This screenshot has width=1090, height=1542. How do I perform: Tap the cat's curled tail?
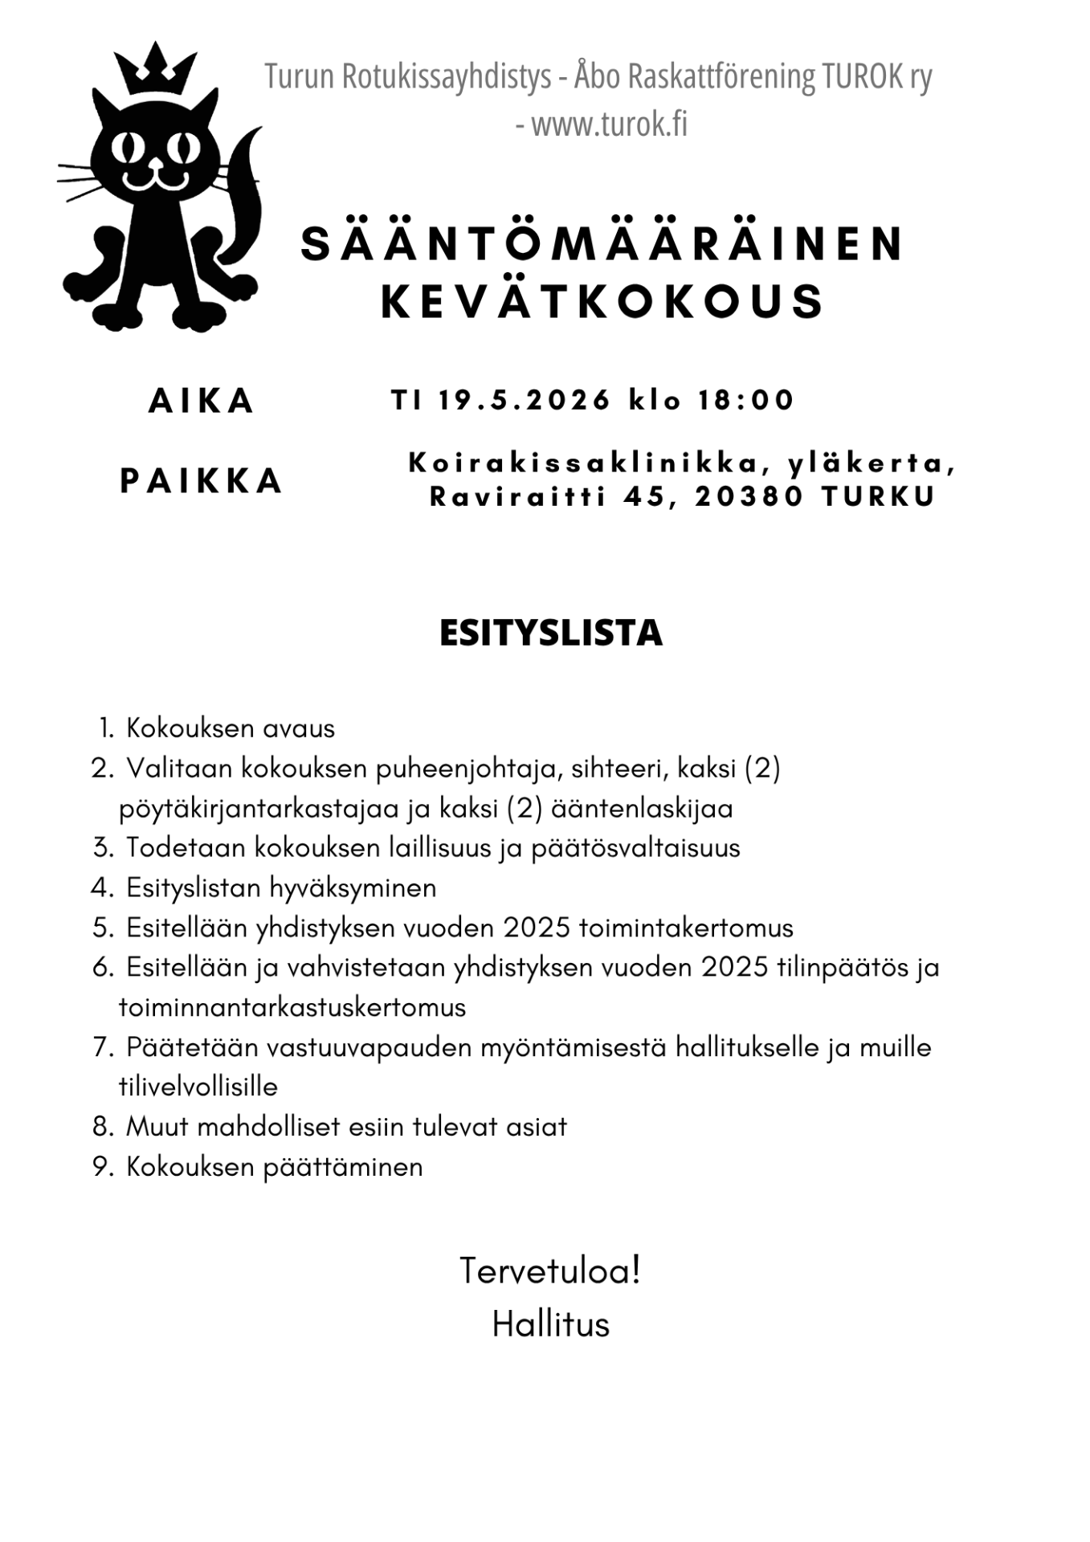(x=242, y=201)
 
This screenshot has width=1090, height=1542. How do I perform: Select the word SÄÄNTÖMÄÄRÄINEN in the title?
(x=602, y=244)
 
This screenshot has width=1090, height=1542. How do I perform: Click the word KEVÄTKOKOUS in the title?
(x=602, y=302)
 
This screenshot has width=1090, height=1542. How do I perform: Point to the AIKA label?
(x=202, y=401)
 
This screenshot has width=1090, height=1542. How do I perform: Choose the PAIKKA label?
(x=202, y=481)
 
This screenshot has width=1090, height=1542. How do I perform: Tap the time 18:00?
(x=746, y=400)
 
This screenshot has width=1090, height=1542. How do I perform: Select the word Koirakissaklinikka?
(x=585, y=463)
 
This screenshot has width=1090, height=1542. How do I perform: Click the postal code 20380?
(x=749, y=497)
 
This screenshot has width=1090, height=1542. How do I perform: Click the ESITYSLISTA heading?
(x=551, y=633)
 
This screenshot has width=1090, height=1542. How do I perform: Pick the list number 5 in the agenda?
(x=103, y=928)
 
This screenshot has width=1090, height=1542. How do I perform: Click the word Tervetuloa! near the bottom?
(x=550, y=1271)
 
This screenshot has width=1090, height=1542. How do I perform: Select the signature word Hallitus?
(x=551, y=1324)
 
